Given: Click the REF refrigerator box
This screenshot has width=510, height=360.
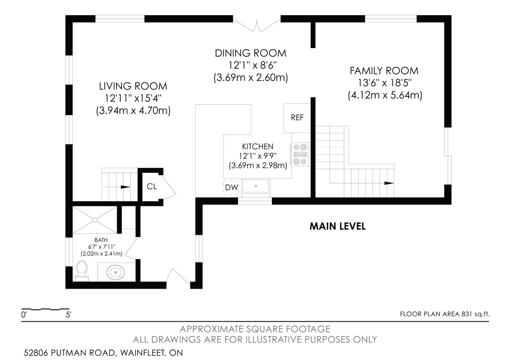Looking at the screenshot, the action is point(297,118).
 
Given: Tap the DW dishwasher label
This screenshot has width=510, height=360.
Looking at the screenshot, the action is point(231,188).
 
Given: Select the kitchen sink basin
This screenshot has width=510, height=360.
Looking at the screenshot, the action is point(256,186).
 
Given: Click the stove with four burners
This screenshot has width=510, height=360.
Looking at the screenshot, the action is point(300,154).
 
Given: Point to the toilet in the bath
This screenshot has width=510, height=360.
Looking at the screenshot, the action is point(82,271).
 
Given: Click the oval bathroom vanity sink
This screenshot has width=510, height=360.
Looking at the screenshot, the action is point(116,272).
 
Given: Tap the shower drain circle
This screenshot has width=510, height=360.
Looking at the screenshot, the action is point(95,220).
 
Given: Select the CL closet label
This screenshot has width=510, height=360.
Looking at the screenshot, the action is point(152,187).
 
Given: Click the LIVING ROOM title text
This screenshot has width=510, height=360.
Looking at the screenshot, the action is point(133,86).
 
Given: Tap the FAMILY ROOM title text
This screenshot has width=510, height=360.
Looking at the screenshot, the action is point(384,71).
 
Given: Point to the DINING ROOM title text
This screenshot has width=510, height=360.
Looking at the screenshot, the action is point(251,53).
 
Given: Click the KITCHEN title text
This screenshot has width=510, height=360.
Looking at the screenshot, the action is point(258,146).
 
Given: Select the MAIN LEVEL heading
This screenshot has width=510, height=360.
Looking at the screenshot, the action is point(337,226).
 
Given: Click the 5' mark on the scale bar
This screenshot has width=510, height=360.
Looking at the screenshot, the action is point(68,315).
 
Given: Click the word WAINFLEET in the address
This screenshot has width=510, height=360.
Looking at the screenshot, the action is point(142,353).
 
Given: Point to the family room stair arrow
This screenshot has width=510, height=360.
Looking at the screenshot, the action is point(389,183).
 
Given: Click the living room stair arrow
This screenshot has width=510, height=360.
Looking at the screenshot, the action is point(125,187).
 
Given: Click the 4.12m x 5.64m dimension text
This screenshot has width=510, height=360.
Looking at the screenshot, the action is point(385,95).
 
